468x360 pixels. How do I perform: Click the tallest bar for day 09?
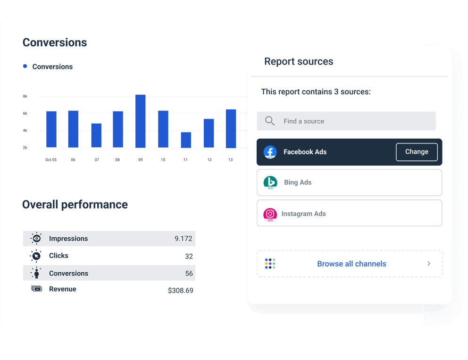tap(140, 121)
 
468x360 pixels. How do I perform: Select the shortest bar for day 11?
tap(186, 140)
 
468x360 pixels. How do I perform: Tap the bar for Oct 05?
tap(51, 129)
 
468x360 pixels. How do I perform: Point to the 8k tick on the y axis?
tap(25, 96)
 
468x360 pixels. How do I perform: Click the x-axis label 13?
tap(230, 160)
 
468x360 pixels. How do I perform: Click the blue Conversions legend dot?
tap(25, 67)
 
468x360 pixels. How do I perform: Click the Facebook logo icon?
tap(270, 152)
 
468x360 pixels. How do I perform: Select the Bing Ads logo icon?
tap(270, 182)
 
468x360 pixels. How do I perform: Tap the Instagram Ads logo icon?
tap(270, 214)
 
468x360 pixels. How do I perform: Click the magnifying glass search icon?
tap(270, 121)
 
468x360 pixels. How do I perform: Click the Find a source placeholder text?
tap(304, 121)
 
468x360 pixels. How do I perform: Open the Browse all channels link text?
tap(351, 264)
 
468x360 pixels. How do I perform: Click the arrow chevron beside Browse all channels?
tap(429, 264)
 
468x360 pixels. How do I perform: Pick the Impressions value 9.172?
tap(184, 239)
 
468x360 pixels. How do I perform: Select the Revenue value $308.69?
tap(181, 291)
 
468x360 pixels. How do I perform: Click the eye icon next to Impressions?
tap(36, 238)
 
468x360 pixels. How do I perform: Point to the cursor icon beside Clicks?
tap(36, 256)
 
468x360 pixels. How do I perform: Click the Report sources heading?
tap(299, 61)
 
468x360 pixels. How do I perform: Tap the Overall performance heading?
tap(75, 205)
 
